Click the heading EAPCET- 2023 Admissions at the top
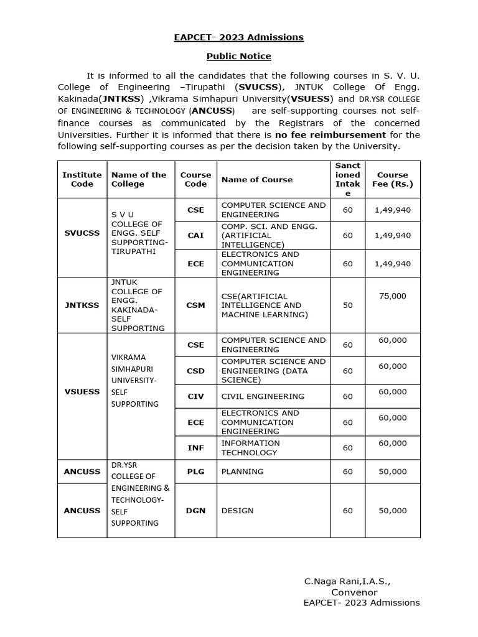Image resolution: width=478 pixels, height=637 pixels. [238, 37]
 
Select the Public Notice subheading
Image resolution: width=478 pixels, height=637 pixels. [238, 56]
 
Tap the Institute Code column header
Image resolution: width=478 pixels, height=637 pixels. [82, 179]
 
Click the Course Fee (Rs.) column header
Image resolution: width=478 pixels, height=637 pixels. [392, 179]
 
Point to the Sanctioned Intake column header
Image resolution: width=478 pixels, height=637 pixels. [347, 179]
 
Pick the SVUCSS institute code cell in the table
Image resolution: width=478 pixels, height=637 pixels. [82, 233]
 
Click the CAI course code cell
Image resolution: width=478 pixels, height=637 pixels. [195, 236]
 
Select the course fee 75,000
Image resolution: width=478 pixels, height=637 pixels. [392, 296]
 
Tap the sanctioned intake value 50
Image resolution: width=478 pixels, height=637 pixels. [347, 305]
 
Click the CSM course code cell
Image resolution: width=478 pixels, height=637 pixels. [195, 305]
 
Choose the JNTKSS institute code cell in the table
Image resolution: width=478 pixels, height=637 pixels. [82, 305]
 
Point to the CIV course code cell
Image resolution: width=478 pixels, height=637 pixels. [195, 396]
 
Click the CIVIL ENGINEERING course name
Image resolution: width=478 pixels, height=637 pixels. [254, 396]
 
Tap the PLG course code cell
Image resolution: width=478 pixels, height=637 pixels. [195, 472]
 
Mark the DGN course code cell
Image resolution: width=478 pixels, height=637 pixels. [195, 511]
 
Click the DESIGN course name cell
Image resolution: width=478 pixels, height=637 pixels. [238, 511]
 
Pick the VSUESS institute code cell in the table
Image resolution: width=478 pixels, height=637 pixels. [82, 392]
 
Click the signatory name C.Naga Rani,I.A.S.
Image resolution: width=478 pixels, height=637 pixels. [347, 581]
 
